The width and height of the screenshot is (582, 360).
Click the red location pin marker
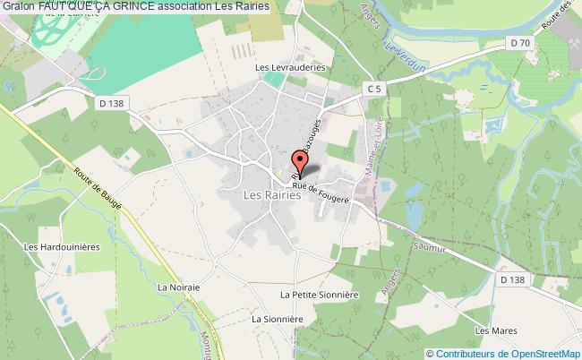pos(300,162)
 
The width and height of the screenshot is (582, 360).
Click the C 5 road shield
pos(378,88)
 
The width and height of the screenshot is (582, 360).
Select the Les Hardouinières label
pos(58,247)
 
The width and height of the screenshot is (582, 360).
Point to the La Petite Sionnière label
pos(318,294)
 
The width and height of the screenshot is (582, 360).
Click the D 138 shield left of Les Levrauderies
pos(106,105)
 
